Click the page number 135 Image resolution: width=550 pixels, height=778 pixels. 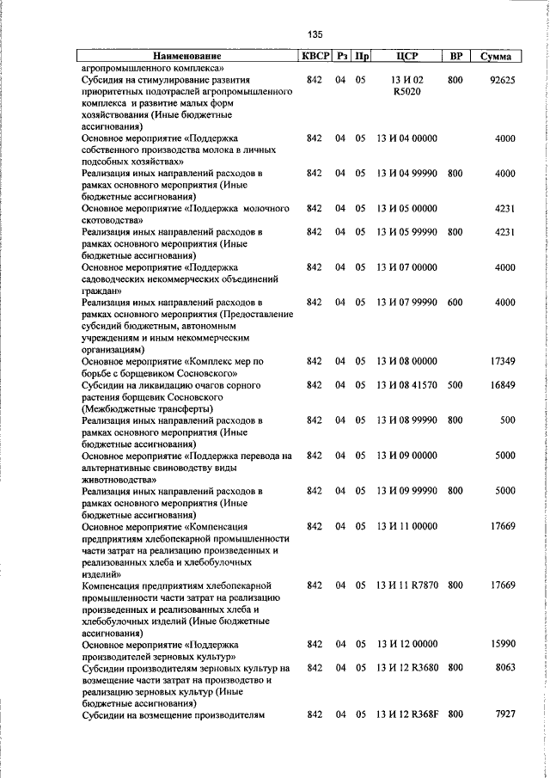click(315, 34)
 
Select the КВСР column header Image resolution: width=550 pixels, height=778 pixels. click(314, 56)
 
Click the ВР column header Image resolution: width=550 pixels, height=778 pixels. click(456, 56)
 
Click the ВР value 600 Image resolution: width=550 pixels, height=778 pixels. click(455, 303)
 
